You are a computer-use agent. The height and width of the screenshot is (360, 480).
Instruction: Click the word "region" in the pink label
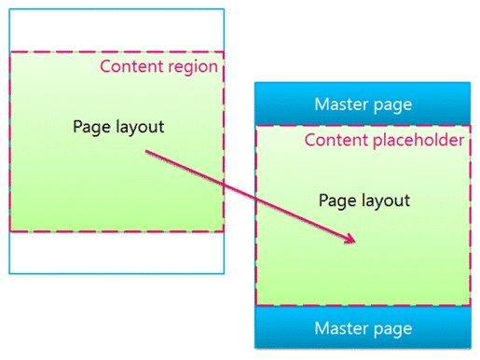pos(195,67)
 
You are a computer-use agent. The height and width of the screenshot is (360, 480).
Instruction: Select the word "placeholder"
pos(416,141)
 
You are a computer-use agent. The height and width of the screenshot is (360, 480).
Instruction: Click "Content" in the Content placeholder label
pos(336,141)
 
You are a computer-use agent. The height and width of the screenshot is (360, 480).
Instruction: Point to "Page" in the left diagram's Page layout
pos(90,126)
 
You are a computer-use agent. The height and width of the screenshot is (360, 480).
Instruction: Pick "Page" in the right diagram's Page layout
pos(336,201)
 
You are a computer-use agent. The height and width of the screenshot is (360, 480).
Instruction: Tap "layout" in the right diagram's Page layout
pos(384,201)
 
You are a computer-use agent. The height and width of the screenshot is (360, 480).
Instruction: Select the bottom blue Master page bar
pos(363,328)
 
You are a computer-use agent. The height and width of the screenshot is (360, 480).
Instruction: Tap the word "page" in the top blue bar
pos(393,105)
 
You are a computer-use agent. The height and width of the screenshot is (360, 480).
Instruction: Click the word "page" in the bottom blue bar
pos(393,329)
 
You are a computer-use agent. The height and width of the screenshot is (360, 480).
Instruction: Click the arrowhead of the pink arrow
pos(350,241)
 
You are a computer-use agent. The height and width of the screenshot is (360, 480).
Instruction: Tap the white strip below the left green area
pos(117,252)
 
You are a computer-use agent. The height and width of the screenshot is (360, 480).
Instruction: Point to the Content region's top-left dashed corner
pos(10,53)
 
